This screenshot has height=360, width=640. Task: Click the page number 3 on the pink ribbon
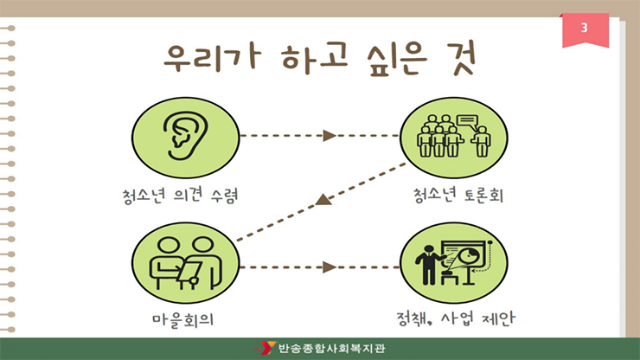pyautogui.click(x=584, y=28)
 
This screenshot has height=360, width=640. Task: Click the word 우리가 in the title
pyautogui.click(x=211, y=59)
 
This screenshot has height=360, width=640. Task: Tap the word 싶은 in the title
pyautogui.click(x=396, y=60)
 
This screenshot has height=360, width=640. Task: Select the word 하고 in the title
pyautogui.click(x=314, y=59)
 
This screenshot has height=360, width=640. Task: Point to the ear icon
pyautogui.click(x=186, y=135)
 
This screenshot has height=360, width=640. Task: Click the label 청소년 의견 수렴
pyautogui.click(x=180, y=196)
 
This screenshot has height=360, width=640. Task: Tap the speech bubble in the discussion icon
pyautogui.click(x=467, y=121)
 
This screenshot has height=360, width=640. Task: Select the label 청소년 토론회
pyautogui.click(x=458, y=196)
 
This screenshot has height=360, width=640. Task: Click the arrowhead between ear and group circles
pyautogui.click(x=329, y=135)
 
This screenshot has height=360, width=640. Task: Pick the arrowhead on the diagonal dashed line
pyautogui.click(x=323, y=200)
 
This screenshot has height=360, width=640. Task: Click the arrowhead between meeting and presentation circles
pyautogui.click(x=329, y=267)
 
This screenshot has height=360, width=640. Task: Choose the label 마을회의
pyautogui.click(x=182, y=319)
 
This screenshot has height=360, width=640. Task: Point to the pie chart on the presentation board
pyautogui.click(x=468, y=257)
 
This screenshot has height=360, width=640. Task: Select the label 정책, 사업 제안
pyautogui.click(x=456, y=318)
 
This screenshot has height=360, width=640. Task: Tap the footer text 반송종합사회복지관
pyautogui.click(x=331, y=348)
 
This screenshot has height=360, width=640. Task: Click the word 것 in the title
pyautogui.click(x=464, y=58)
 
